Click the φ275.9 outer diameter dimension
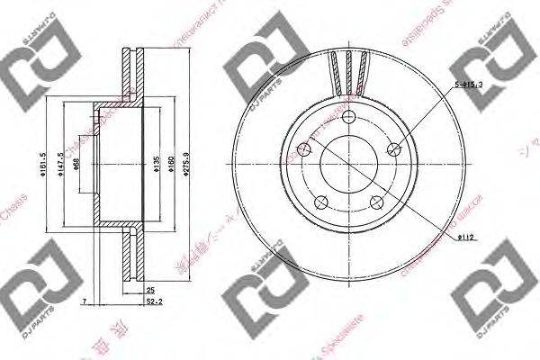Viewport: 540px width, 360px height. [186, 167]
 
